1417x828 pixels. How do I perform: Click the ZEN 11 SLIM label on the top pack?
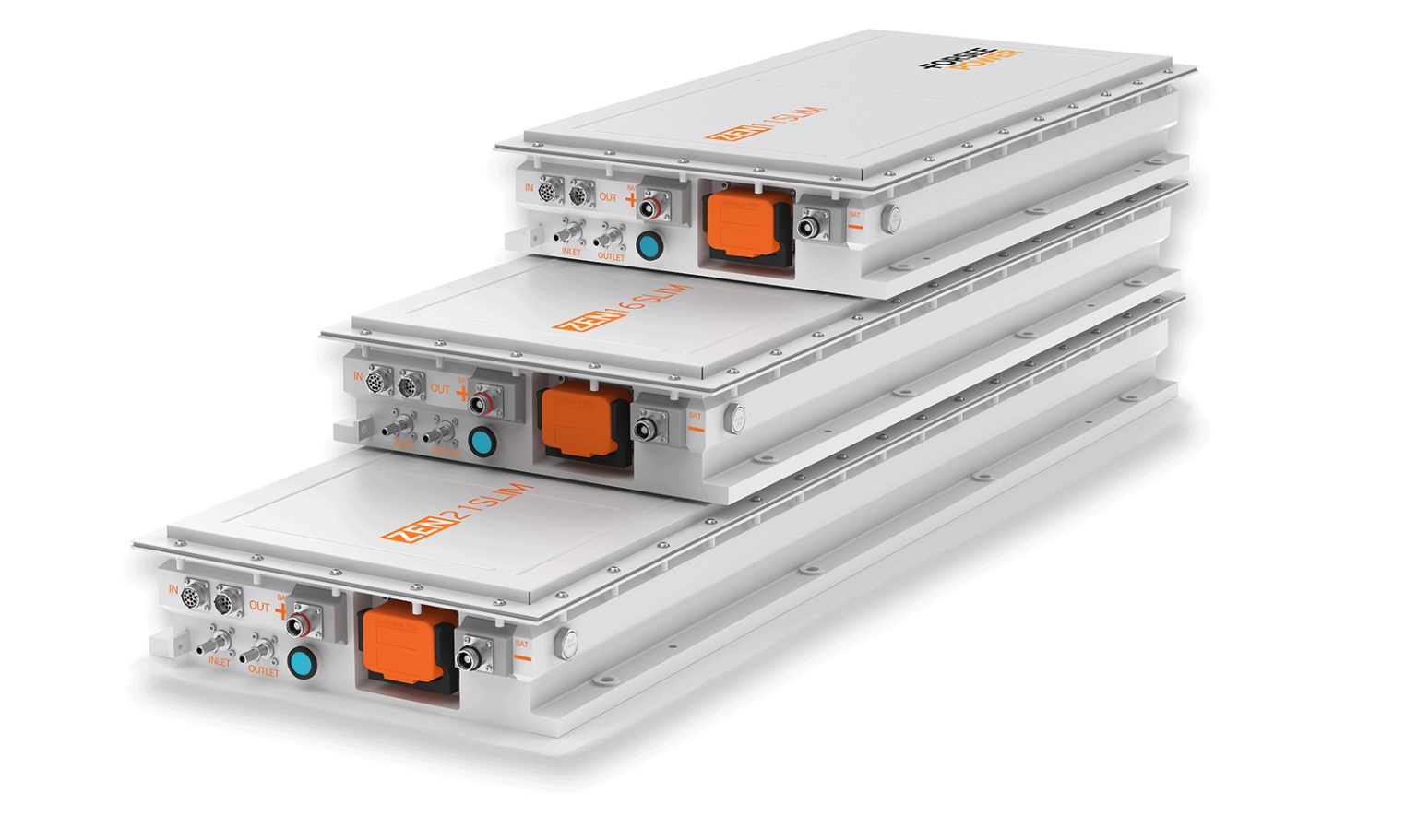pyautogui.click(x=765, y=124)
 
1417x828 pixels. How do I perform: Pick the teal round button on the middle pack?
pyautogui.click(x=481, y=440)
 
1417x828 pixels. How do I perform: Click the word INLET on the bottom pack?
pyautogui.click(x=220, y=662)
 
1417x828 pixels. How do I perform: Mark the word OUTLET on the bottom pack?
pyautogui.click(x=263, y=671)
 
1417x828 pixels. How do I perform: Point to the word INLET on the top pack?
pyautogui.click(x=571, y=251)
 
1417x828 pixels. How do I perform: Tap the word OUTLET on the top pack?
pyautogui.click(x=611, y=257)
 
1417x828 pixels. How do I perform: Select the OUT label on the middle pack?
pyautogui.click(x=440, y=389)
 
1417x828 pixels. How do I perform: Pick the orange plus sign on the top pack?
pyautogui.click(x=631, y=199)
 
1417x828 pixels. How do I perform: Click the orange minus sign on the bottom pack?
pyautogui.click(x=522, y=658)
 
